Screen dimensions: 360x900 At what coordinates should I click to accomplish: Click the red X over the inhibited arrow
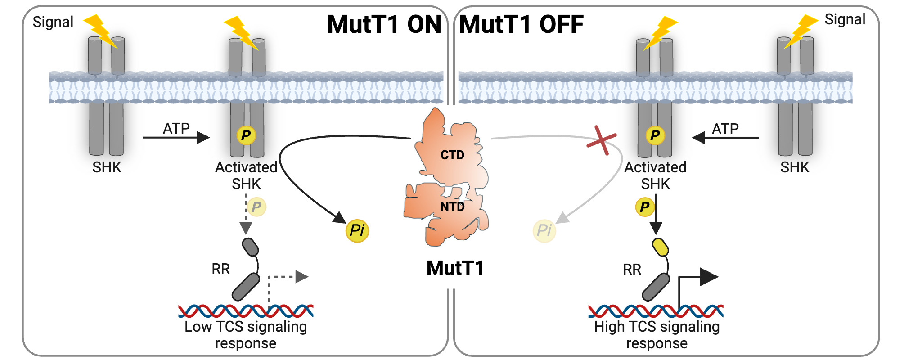click(x=601, y=140)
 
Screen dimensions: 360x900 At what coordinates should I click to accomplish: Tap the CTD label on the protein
click(x=452, y=155)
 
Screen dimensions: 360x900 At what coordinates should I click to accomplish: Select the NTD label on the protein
click(x=452, y=207)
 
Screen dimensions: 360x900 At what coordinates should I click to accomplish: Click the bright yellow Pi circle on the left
click(x=357, y=231)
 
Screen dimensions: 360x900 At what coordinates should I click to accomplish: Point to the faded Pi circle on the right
click(x=544, y=231)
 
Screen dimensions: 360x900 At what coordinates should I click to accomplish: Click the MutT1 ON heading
click(x=384, y=25)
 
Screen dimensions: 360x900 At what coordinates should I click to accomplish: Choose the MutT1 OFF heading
click(x=521, y=25)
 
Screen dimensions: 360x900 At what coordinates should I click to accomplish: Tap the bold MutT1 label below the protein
click(x=455, y=269)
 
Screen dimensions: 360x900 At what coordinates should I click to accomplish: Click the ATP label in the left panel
click(x=176, y=129)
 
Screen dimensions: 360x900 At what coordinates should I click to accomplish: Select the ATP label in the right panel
click(x=725, y=129)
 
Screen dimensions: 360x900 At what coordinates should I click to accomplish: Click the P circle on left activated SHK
click(x=246, y=135)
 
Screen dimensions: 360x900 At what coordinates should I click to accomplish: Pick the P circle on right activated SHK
click(x=655, y=135)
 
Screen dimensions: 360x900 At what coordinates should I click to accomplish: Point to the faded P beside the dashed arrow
click(x=256, y=207)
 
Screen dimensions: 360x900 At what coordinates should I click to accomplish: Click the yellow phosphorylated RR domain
click(x=660, y=247)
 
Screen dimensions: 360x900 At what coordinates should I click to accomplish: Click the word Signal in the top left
click(x=53, y=22)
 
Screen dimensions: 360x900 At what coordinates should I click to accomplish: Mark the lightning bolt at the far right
click(x=801, y=31)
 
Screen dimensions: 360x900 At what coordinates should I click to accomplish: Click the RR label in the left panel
click(x=220, y=269)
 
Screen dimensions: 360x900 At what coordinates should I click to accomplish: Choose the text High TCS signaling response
click(x=657, y=335)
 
